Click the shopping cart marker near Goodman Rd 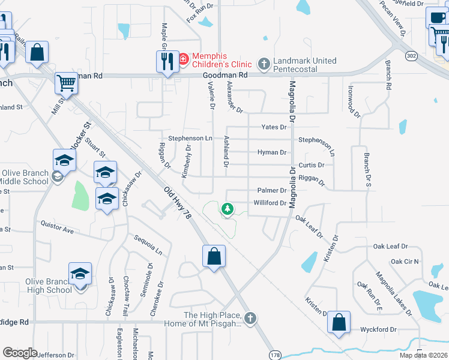(66, 83)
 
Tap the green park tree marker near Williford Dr (227, 209)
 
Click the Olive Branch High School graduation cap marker (80, 274)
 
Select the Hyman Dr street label (271, 152)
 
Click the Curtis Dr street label (311, 165)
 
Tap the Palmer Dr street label (271, 190)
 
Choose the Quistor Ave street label (56, 226)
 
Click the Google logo (20, 353)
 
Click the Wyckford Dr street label (378, 330)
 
